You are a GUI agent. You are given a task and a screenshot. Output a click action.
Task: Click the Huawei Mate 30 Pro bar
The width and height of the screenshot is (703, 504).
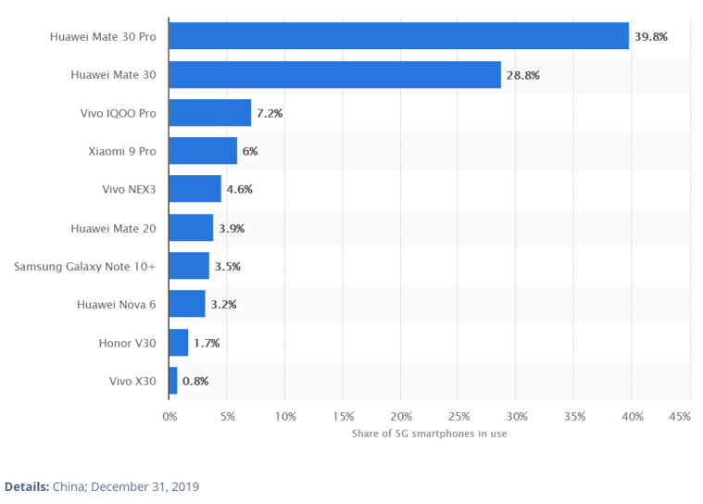pyautogui.click(x=399, y=36)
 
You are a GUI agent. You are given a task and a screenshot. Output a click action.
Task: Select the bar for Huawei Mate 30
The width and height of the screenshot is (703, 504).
pyautogui.click(x=335, y=75)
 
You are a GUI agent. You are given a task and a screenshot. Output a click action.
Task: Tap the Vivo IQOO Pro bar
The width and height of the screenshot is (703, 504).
pyautogui.click(x=210, y=113)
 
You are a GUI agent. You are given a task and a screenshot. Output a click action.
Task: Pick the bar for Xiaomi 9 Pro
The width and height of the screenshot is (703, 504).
pyautogui.click(x=204, y=151)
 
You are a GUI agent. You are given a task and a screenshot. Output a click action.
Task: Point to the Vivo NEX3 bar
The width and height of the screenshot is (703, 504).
pyautogui.click(x=195, y=189)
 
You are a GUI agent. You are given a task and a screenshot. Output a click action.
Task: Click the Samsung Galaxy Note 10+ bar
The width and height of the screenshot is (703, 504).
pyautogui.click(x=190, y=266)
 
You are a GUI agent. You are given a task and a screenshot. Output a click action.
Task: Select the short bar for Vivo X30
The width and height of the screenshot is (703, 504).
pyautogui.click(x=173, y=380)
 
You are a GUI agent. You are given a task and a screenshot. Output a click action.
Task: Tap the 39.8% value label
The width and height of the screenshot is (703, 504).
pyautogui.click(x=650, y=36)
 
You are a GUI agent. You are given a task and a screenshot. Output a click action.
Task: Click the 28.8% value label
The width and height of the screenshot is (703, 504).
pyautogui.click(x=522, y=75)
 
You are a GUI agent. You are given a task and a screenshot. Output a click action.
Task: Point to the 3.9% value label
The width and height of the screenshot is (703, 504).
pyautogui.click(x=232, y=228)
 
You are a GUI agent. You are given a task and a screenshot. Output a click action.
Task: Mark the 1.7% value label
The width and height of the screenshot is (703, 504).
pyautogui.click(x=207, y=343)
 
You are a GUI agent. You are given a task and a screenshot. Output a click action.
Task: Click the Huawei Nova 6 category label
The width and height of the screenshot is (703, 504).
pyautogui.click(x=116, y=304)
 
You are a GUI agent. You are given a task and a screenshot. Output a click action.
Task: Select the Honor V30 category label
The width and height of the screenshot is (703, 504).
pyautogui.click(x=127, y=343)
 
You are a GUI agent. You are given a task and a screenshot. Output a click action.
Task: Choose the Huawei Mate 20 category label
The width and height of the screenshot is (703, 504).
pyautogui.click(x=113, y=228)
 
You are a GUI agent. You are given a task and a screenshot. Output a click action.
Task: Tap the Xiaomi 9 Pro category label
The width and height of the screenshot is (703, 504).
pyautogui.click(x=121, y=151)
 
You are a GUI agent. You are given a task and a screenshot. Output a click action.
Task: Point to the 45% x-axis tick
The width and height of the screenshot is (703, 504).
pyautogui.click(x=679, y=417)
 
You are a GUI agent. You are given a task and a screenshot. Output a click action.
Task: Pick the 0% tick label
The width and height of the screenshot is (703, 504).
pyautogui.click(x=169, y=417)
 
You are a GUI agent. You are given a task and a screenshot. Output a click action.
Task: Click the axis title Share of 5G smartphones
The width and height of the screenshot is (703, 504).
pyautogui.click(x=429, y=434)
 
